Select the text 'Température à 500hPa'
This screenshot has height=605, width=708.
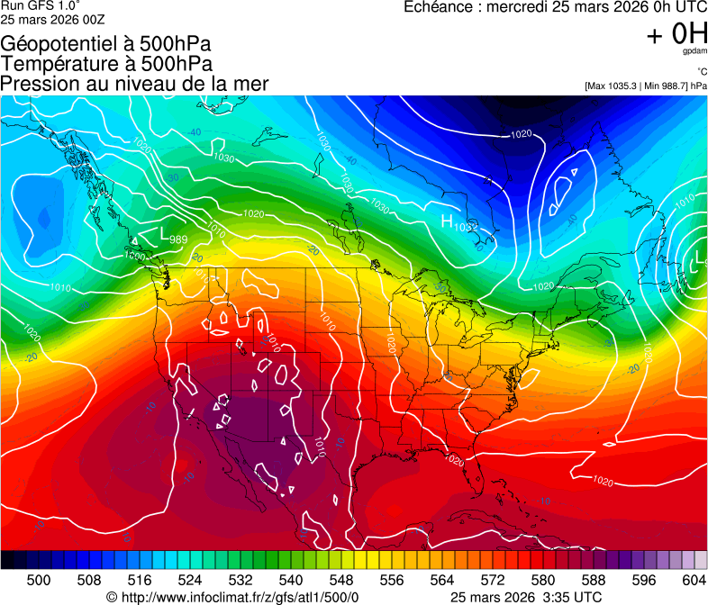pos(106,64)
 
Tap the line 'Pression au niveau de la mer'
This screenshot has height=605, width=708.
pos(134,84)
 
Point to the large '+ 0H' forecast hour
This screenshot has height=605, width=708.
pos(676,34)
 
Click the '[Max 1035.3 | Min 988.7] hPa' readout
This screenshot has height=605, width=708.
pos(645,86)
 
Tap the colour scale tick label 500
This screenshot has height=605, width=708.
pos(39,578)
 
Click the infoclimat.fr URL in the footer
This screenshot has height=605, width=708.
pos(232,597)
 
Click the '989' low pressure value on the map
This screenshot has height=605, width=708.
pos(178,239)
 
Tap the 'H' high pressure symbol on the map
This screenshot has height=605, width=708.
pos(447,220)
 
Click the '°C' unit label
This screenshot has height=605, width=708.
pos(701,72)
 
